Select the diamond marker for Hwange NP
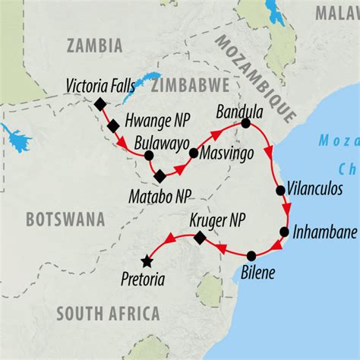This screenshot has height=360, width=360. tap(112, 125)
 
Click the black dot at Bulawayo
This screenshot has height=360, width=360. tap(148, 156)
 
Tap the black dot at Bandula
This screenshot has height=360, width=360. tap(245, 122)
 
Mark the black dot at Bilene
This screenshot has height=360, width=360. tap(251, 255)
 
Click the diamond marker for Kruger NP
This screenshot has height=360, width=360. tap(199, 238)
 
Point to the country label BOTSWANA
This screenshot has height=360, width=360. tap(65, 219)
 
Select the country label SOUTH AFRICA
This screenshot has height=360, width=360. tap(107, 313)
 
